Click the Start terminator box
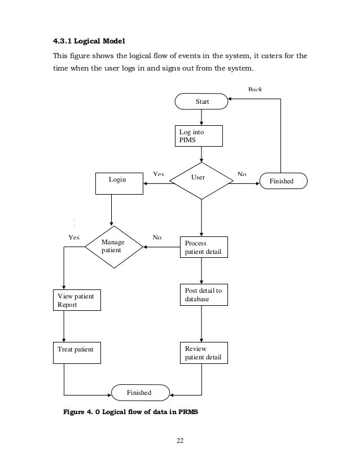pyautogui.click(x=201, y=102)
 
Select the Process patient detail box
pyautogui.click(x=204, y=247)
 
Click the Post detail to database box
pyautogui.click(x=204, y=295)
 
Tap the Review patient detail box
pyautogui.click(x=204, y=353)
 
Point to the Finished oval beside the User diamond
pyautogui.click(x=283, y=181)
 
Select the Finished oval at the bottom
pyautogui.click(x=139, y=392)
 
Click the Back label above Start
pyautogui.click(x=255, y=90)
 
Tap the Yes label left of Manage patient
pyautogui.click(x=73, y=237)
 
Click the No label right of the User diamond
pyautogui.click(x=242, y=174)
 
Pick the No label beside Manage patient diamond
pyautogui.click(x=157, y=237)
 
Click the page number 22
pyautogui.click(x=180, y=441)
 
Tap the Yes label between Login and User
pyautogui.click(x=159, y=174)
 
